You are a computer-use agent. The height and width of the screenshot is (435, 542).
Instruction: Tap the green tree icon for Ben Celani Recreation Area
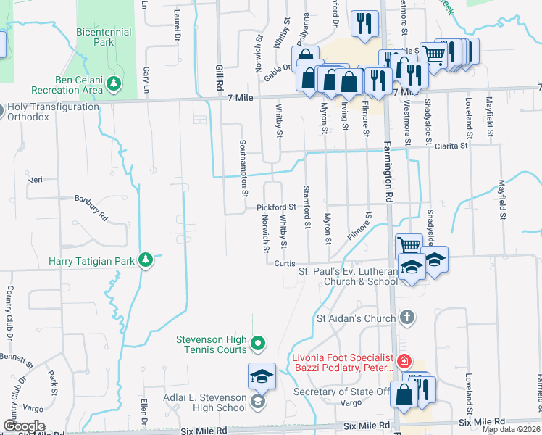pos(113,85)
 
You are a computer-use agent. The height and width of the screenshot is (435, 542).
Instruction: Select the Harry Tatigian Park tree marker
pos(146,260)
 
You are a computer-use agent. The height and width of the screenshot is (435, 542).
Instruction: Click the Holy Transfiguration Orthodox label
pos(52,112)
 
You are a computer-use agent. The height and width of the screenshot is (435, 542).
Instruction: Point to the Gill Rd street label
pos(218,73)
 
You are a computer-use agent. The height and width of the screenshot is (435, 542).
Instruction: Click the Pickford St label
pos(276,207)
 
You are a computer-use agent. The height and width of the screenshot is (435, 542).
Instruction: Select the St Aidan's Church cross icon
pos(407,318)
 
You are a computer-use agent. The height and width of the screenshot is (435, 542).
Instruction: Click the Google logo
pos(24,426)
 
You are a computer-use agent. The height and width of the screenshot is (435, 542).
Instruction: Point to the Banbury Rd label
pos(91,199)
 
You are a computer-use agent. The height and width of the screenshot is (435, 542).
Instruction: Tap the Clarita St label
pos(452,146)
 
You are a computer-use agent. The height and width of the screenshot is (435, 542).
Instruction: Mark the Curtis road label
pos(283,264)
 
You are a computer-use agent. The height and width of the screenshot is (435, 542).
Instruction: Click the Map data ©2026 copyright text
pos(512,429)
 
